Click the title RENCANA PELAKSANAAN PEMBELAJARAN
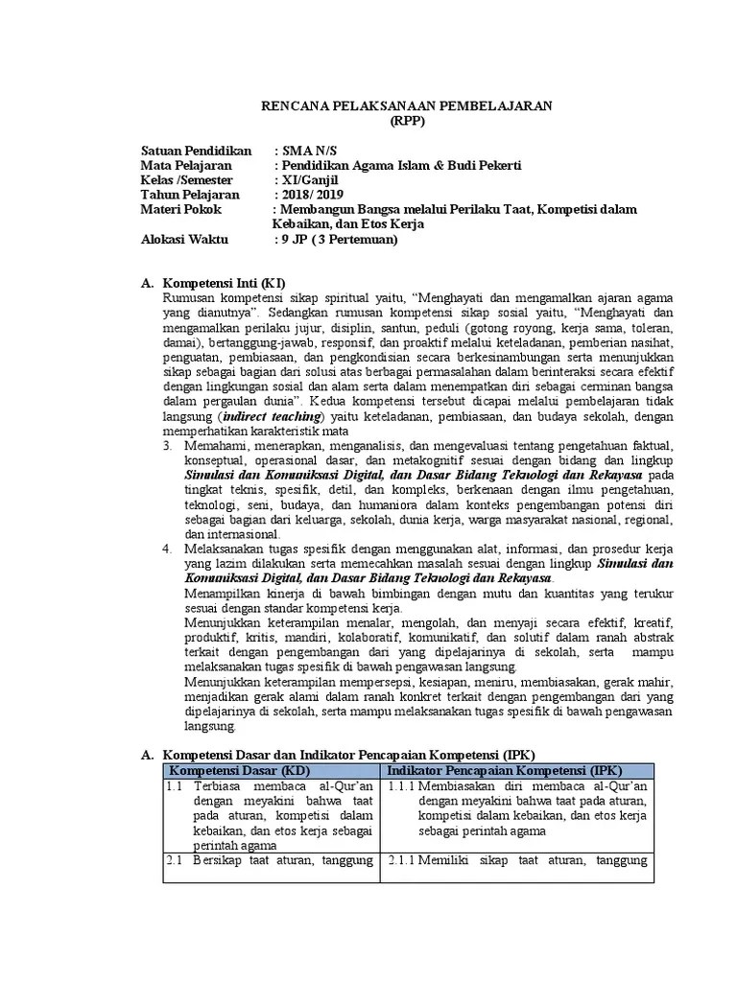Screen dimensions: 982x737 414,105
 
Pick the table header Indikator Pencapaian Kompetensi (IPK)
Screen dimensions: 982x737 505,770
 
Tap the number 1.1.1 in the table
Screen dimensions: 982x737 402,786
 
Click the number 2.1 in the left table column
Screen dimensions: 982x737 174,859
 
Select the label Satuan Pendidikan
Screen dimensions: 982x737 196,151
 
